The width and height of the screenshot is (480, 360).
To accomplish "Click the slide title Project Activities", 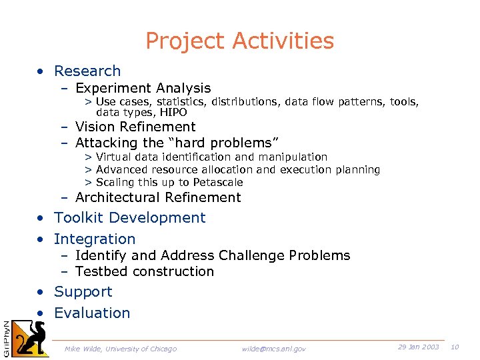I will pyautogui.click(x=239, y=41).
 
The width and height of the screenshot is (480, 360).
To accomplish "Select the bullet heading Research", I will pyautogui.click(x=87, y=71).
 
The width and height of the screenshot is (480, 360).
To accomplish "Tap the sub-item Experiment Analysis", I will pyautogui.click(x=143, y=88).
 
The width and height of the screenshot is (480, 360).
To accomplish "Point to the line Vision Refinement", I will pyautogui.click(x=135, y=127).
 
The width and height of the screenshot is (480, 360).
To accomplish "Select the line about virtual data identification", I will pyautogui.click(x=211, y=157).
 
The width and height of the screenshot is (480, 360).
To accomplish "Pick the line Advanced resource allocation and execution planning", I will pyautogui.click(x=237, y=169).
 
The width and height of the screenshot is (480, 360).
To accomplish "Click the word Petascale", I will pyautogui.click(x=219, y=182).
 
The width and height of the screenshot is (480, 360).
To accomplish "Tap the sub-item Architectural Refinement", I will pyautogui.click(x=158, y=197).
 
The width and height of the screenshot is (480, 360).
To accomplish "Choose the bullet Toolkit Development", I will pyautogui.click(x=130, y=217).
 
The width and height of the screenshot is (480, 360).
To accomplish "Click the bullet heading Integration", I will pyautogui.click(x=95, y=239).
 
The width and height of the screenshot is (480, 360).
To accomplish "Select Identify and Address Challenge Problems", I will pyautogui.click(x=212, y=255).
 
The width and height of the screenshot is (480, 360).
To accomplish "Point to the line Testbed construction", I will pyautogui.click(x=145, y=271).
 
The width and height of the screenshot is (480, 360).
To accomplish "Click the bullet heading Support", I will pyautogui.click(x=83, y=291).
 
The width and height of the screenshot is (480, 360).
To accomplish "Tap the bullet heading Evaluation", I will pyautogui.click(x=92, y=313).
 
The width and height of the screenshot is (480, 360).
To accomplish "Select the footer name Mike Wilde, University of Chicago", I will pyautogui.click(x=121, y=349).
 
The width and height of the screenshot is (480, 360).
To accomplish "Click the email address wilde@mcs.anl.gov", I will pyautogui.click(x=274, y=349).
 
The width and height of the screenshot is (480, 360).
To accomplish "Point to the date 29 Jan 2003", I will pyautogui.click(x=418, y=347).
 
